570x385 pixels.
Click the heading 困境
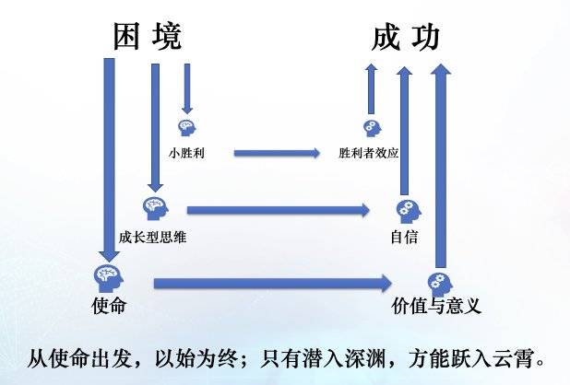pyautogui.click(x=148, y=36)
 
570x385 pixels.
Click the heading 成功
pyautogui.click(x=405, y=37)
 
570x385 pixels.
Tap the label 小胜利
pyautogui.click(x=186, y=153)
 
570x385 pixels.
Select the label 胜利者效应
pyautogui.click(x=369, y=153)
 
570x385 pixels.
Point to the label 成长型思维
pyautogui.click(x=153, y=238)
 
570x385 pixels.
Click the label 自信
pyautogui.click(x=404, y=237)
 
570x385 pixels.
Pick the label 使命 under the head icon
pyautogui.click(x=109, y=305)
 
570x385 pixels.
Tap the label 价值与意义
pyautogui.click(x=436, y=306)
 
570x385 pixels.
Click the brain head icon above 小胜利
pyautogui.click(x=187, y=128)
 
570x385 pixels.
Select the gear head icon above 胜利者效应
pyautogui.click(x=372, y=128)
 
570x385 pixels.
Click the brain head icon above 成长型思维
pyautogui.click(x=156, y=209)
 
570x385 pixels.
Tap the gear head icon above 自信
pyautogui.click(x=409, y=211)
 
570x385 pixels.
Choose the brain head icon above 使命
pyautogui.click(x=109, y=279)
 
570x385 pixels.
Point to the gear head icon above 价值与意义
pyautogui.click(x=440, y=284)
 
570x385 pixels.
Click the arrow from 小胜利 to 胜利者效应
pyautogui.click(x=277, y=153)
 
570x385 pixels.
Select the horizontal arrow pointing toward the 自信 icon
pyautogui.click(x=279, y=210)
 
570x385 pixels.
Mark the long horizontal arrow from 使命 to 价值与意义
pyautogui.click(x=273, y=284)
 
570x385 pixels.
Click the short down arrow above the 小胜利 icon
pyautogui.click(x=187, y=88)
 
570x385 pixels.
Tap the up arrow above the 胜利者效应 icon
pyautogui.click(x=371, y=88)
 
